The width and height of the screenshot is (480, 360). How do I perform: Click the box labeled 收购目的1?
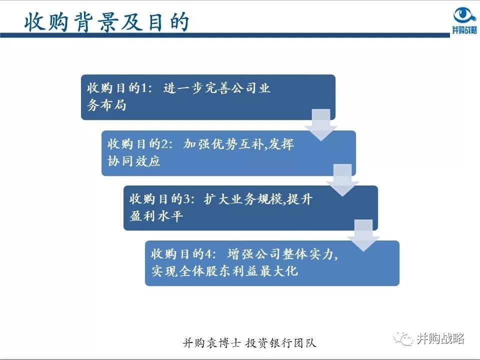pos(207,97)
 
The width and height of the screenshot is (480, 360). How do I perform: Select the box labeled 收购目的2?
pos(228,153)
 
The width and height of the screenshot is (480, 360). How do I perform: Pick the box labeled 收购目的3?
pos(250,207)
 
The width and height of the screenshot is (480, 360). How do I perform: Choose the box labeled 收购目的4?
pos(272,263)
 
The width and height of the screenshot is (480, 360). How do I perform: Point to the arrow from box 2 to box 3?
pos(342,180)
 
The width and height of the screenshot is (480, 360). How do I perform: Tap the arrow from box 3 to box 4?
pos(364,235)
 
